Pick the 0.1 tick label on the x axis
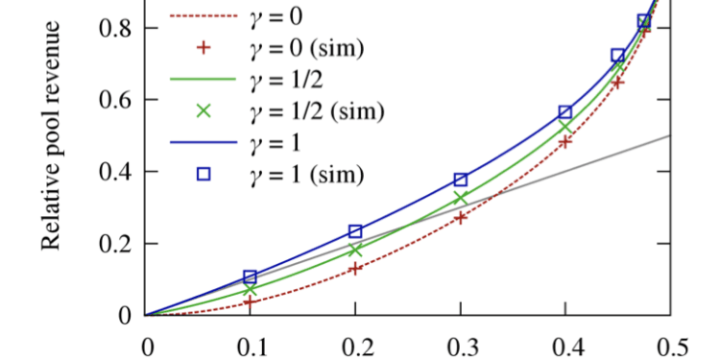(x=251, y=344)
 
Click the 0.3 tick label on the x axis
(x=460, y=344)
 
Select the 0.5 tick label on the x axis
(x=670, y=344)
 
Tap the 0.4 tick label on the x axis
(x=565, y=344)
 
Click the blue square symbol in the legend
(x=203, y=174)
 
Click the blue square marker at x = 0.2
(x=355, y=231)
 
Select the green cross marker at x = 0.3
(x=460, y=198)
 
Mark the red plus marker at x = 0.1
(x=251, y=301)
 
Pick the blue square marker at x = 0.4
(x=565, y=112)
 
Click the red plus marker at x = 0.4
(x=565, y=141)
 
